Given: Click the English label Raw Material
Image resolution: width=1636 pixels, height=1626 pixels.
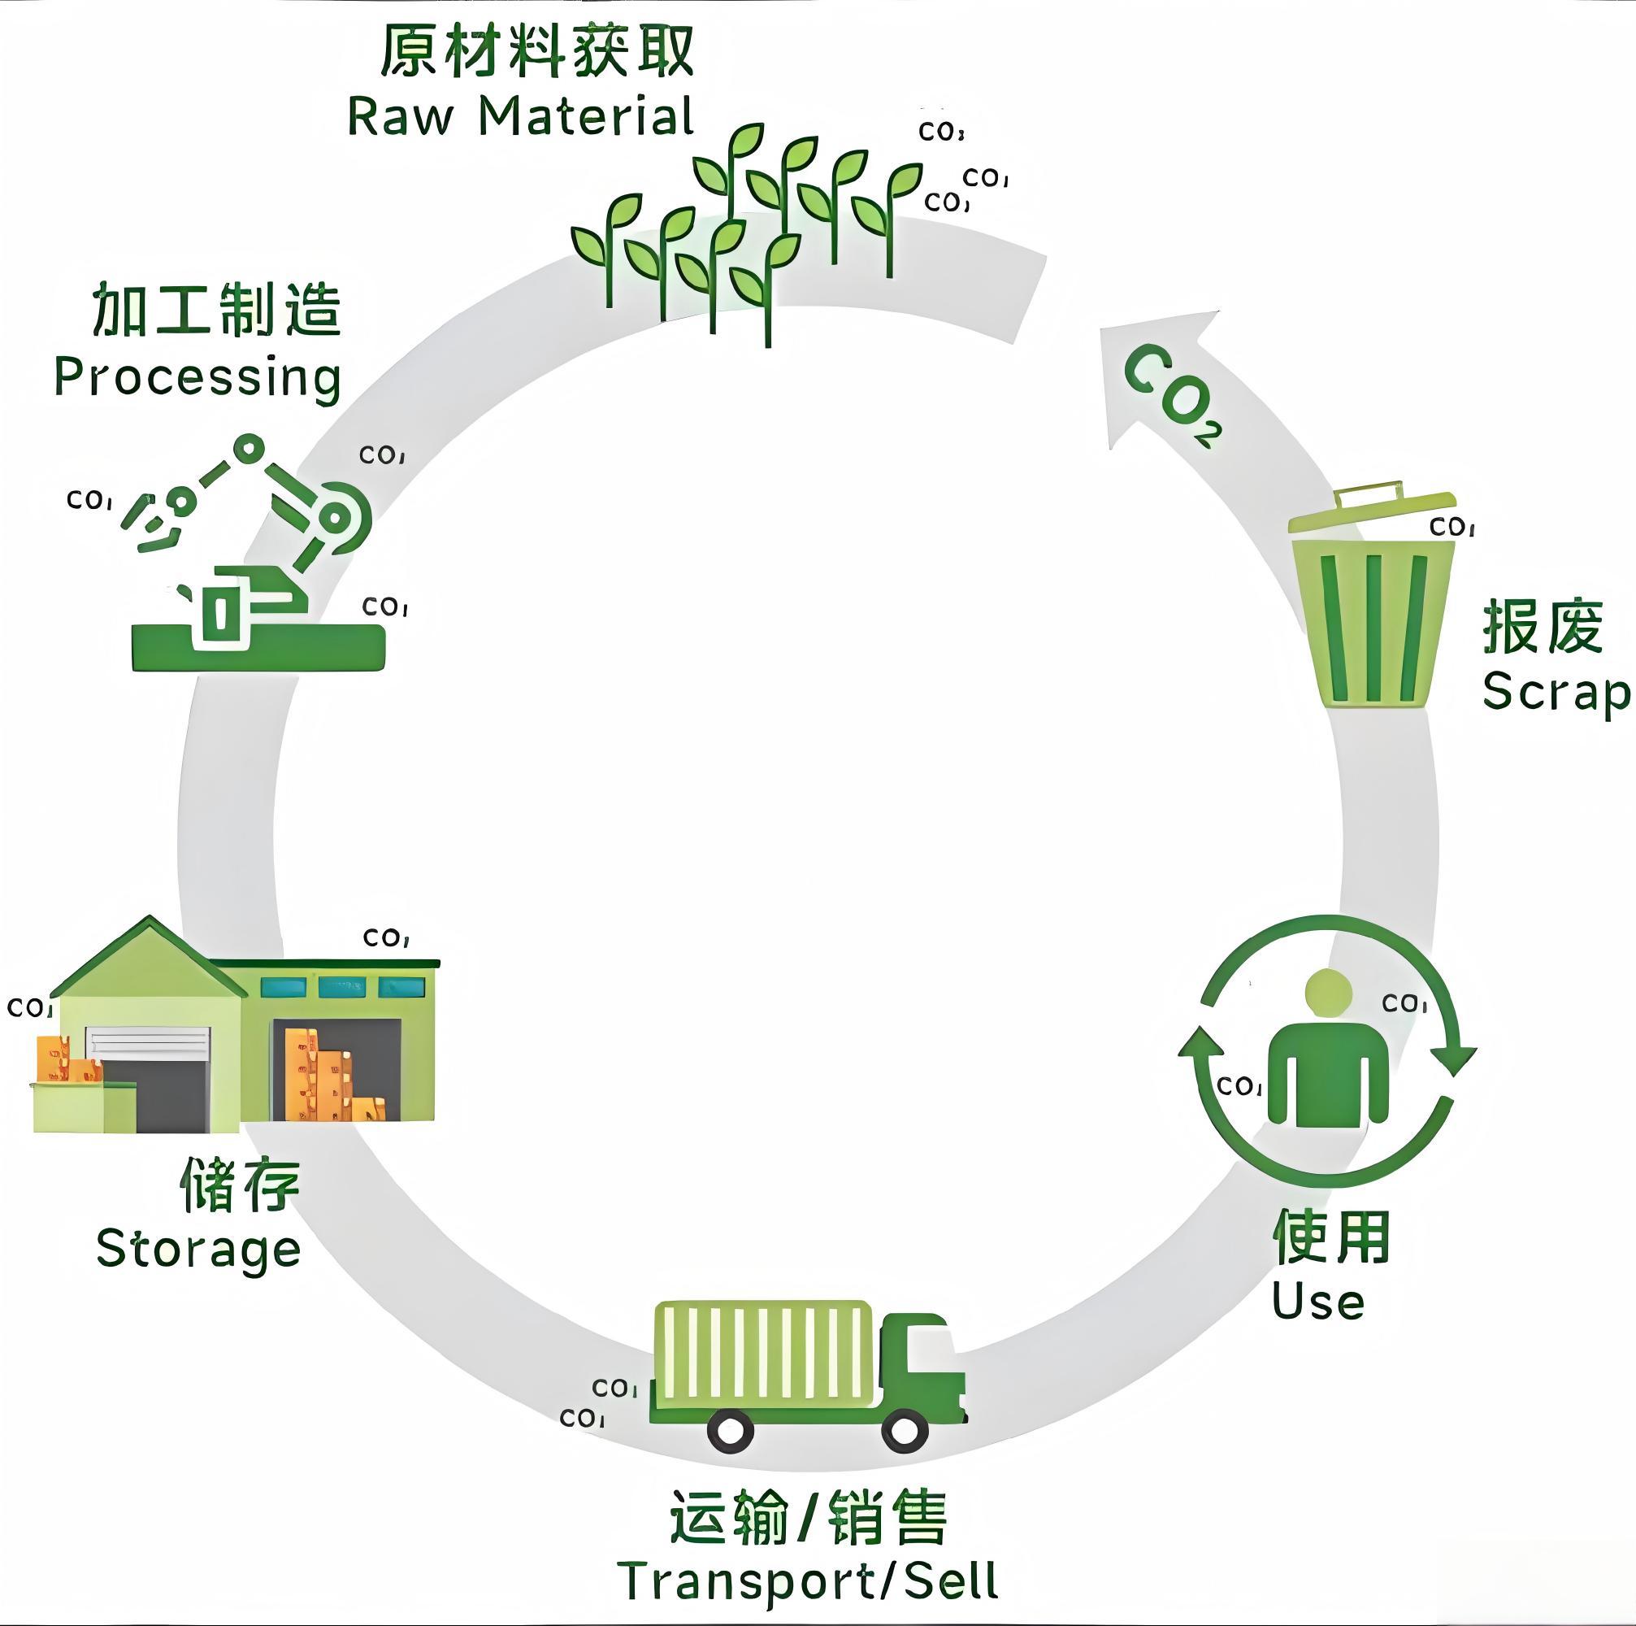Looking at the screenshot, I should [520, 117].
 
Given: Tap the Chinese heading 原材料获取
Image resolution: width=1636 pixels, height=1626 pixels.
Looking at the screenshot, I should [537, 50].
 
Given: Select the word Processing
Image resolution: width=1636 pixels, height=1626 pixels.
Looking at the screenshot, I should [197, 377].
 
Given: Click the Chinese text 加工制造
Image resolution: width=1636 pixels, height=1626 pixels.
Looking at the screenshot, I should [217, 310].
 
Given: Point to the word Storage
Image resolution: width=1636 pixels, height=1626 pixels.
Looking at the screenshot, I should [198, 1250].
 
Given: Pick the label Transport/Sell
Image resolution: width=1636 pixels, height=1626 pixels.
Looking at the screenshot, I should [809, 1580].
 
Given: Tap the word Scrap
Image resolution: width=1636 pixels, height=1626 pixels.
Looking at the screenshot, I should [1555, 693].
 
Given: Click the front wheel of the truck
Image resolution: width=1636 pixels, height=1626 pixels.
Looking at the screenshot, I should [905, 1430].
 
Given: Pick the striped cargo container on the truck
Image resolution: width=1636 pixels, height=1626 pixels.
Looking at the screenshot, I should [765, 1354].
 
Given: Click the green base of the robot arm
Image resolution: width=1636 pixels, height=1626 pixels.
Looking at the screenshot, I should [258, 648].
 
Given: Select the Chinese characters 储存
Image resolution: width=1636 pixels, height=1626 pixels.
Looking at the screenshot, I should [241, 1184].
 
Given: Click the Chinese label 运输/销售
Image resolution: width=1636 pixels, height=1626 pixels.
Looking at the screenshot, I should [809, 1518].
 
